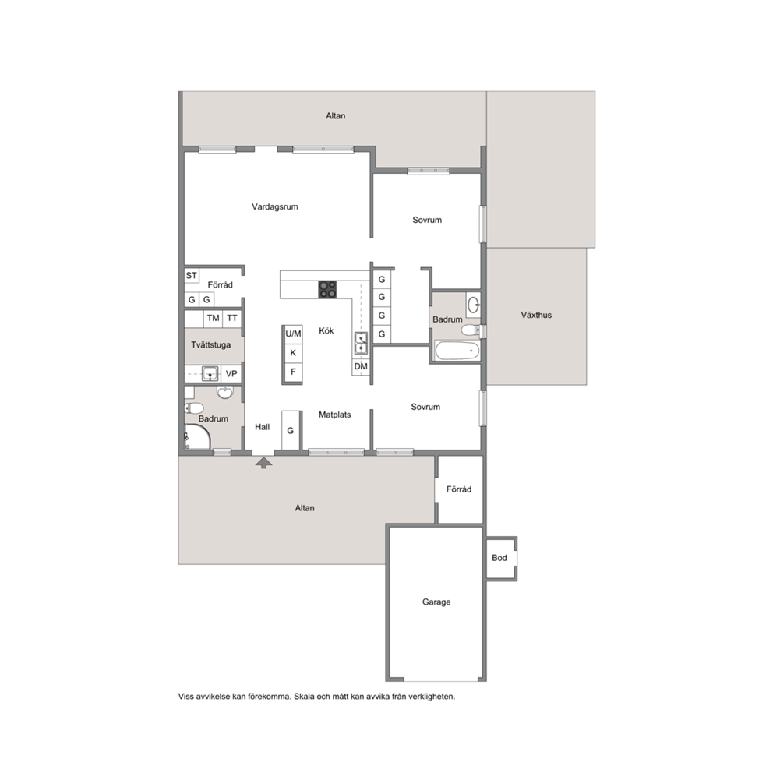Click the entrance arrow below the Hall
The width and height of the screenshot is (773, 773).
coord(263,462)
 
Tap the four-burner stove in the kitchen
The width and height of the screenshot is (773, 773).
coord(326,289)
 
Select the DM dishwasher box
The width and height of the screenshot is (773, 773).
coord(361,366)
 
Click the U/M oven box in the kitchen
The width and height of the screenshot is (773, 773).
coord(293,334)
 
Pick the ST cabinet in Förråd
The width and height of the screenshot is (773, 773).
coord(191,276)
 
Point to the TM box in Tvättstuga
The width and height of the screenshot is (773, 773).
coord(213,318)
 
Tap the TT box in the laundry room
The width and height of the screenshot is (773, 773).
coord(232,318)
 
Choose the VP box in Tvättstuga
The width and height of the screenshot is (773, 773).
coord(231,374)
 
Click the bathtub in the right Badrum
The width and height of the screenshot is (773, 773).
coord(457,351)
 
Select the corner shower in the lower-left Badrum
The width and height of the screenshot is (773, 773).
coord(197,437)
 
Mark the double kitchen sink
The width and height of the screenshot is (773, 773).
coord(361,343)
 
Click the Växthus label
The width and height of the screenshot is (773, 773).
coord(536,315)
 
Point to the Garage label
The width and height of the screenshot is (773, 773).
coord(436,602)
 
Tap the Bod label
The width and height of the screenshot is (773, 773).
coord(499,558)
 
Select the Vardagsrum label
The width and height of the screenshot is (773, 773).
coord(275,207)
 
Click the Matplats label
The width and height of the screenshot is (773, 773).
coord(335,415)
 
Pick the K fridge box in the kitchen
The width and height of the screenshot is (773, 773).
coord(293,353)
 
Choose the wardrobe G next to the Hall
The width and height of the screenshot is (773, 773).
coord(291,430)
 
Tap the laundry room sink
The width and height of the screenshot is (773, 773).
coord(210,374)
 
